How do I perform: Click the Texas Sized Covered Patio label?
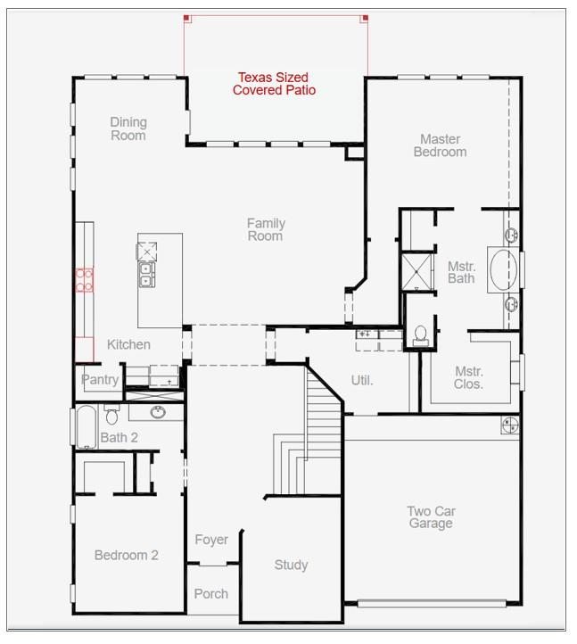point(274,84)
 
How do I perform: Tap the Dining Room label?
point(128,128)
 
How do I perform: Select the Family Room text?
point(265,229)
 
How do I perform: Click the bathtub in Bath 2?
point(84,427)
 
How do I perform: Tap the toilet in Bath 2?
point(111,415)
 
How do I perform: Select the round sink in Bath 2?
point(158,412)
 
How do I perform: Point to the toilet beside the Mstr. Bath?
point(420,334)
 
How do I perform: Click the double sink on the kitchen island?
point(145,273)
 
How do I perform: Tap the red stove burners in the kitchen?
point(84,280)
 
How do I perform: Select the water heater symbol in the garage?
point(510,425)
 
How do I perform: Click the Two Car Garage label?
point(431,517)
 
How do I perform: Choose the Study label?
point(291,565)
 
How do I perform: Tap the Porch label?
point(210,593)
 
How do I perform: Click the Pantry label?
point(99,379)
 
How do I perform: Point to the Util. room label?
point(361,380)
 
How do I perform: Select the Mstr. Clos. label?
point(469,377)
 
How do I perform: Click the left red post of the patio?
point(186,18)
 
